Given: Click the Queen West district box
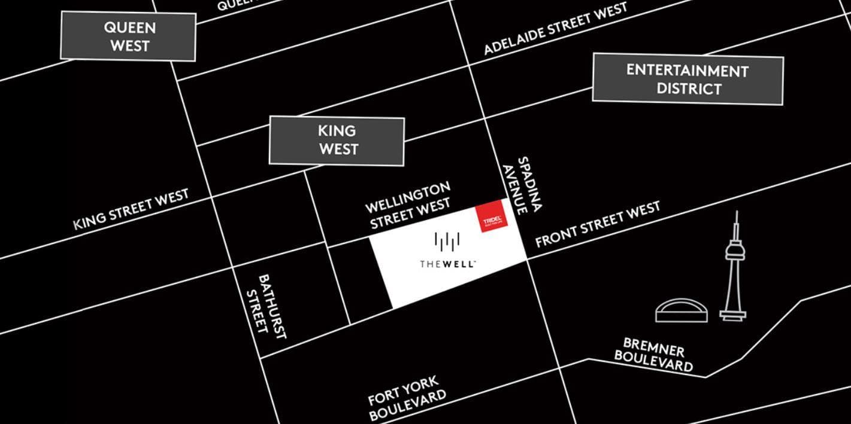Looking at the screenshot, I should [x=128, y=36].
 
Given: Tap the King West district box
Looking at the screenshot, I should [x=337, y=140].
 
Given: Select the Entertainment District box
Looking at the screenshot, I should [x=688, y=79].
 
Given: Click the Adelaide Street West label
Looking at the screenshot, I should [x=555, y=28].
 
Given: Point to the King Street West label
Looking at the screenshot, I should [x=131, y=209].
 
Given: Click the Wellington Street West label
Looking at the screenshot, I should [x=408, y=206].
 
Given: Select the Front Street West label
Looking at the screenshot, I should [x=597, y=224].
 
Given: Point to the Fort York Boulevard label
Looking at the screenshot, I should [x=407, y=398].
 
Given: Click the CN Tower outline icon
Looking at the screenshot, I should [x=734, y=269].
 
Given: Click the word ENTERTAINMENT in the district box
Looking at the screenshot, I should [x=688, y=71].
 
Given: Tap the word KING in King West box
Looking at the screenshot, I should [x=337, y=130].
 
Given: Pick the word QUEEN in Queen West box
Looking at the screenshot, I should [x=129, y=27].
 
